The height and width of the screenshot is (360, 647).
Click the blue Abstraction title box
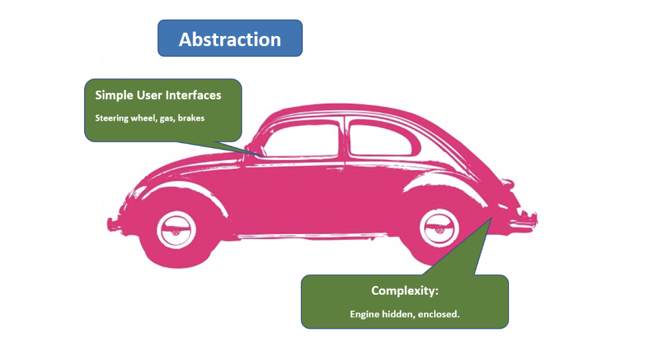(x=230, y=38)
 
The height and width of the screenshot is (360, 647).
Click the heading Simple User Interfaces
(x=158, y=95)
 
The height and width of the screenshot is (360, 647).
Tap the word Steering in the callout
(x=112, y=119)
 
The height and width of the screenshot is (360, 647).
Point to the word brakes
(x=191, y=118)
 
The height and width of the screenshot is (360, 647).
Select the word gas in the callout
(x=167, y=119)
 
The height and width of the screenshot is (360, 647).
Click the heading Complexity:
(x=405, y=291)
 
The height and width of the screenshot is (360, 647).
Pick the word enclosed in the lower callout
(x=439, y=314)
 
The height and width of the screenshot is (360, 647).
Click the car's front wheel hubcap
(x=176, y=230)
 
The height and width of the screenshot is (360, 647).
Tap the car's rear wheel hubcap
(x=439, y=228)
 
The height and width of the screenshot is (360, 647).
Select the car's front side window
(x=302, y=140)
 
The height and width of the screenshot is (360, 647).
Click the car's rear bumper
(x=525, y=219)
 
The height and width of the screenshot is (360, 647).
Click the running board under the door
(x=313, y=236)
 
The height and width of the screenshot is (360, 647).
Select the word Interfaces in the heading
(x=193, y=95)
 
